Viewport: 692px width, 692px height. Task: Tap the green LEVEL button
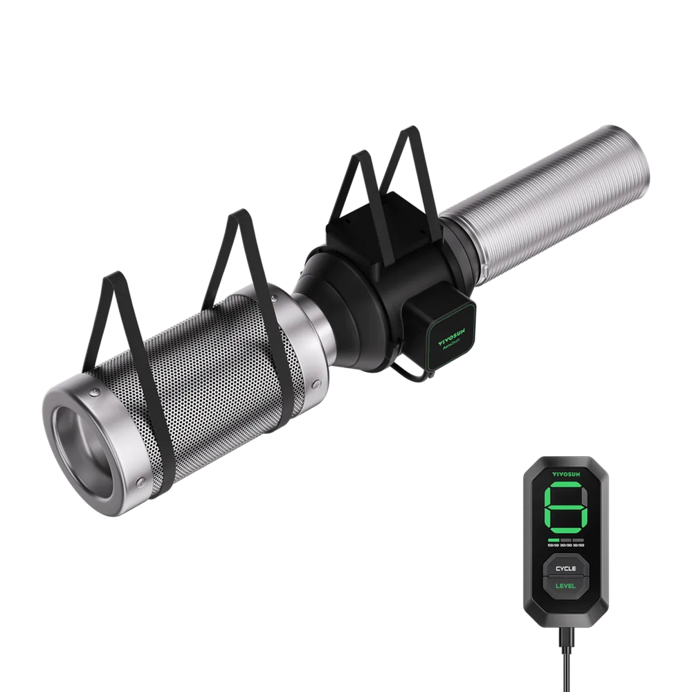565,586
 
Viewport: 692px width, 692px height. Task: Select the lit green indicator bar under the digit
553,539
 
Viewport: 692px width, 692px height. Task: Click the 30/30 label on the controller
565,546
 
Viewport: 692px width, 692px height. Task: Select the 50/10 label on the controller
553,546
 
